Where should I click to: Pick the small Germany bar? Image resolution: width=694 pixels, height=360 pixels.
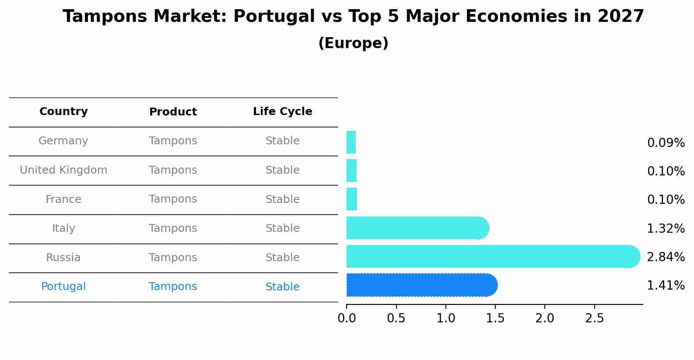click(351, 142)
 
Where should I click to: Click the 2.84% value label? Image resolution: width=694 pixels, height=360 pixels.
click(665, 257)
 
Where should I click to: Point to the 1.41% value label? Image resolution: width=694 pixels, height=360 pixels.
click(665, 286)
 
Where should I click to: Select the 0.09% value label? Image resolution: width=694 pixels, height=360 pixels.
click(665, 143)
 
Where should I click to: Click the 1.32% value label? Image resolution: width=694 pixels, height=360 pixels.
click(665, 228)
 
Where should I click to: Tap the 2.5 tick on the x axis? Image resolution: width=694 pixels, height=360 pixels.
click(594, 318)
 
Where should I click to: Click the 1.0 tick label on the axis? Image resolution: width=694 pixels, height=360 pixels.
click(445, 318)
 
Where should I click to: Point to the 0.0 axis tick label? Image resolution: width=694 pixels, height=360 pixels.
click(347, 318)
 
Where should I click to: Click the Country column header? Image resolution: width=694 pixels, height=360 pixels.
click(63, 112)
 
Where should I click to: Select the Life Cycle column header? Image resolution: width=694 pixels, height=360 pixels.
click(282, 112)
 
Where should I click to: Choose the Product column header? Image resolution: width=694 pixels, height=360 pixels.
click(173, 112)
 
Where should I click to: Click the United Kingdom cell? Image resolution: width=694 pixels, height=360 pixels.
click(63, 170)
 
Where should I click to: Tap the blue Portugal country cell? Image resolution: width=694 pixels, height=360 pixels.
click(63, 287)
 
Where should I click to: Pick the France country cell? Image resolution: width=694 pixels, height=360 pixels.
click(63, 199)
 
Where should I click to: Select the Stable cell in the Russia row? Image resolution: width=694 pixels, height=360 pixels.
click(282, 258)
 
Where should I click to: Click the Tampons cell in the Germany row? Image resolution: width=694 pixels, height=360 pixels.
click(173, 141)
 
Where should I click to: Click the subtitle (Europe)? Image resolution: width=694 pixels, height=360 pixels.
click(353, 43)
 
